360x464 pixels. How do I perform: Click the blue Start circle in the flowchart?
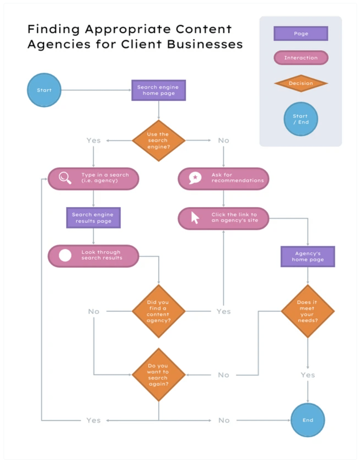[44, 90]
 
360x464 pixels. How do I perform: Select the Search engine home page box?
[158, 90]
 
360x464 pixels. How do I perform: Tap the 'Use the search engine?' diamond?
[158, 141]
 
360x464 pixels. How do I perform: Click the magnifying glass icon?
[65, 178]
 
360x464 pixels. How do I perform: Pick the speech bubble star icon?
[195, 178]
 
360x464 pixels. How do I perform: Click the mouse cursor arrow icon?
[195, 218]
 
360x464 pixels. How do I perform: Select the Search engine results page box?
[93, 218]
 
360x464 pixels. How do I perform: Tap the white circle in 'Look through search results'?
[65, 255]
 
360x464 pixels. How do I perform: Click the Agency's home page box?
[308, 256]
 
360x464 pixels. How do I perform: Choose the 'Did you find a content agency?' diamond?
[158, 311]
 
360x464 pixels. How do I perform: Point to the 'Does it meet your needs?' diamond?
[307, 311]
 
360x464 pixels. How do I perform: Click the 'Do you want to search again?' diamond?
[158, 375]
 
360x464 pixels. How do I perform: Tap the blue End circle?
[308, 420]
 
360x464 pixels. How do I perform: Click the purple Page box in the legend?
[301, 34]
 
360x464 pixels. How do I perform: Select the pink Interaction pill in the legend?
[301, 58]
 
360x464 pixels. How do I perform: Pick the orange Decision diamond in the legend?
[301, 83]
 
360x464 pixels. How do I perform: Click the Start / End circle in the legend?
[301, 119]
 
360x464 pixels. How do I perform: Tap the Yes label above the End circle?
[308, 375]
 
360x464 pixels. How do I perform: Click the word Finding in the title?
[54, 29]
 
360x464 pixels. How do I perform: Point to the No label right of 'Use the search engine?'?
[224, 141]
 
